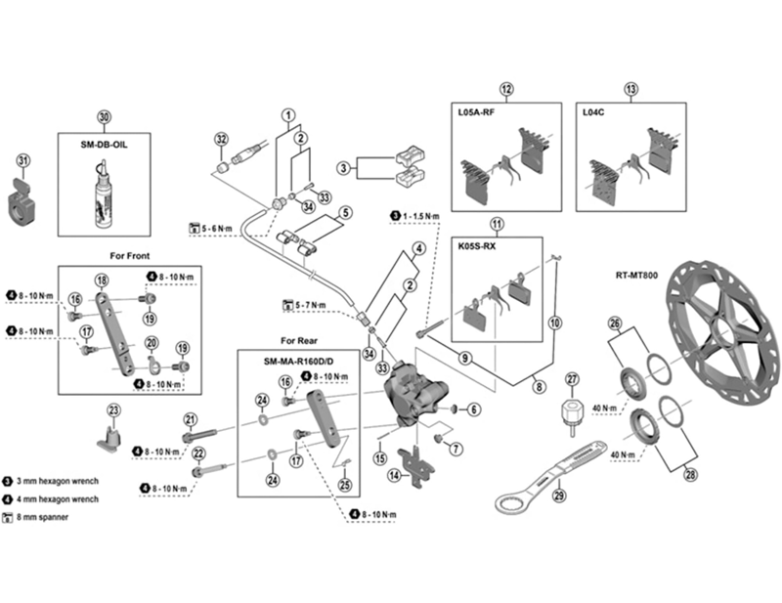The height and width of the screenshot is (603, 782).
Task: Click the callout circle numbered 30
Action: coord(105,116)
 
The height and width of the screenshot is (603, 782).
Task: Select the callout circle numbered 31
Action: coord(23,160)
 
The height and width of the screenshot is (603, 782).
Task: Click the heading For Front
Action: coord(130,256)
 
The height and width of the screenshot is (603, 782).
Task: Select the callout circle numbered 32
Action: coord(220,139)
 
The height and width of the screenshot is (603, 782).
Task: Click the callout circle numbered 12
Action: coord(506,89)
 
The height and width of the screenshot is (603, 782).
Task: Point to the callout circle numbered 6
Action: coord(474,409)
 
